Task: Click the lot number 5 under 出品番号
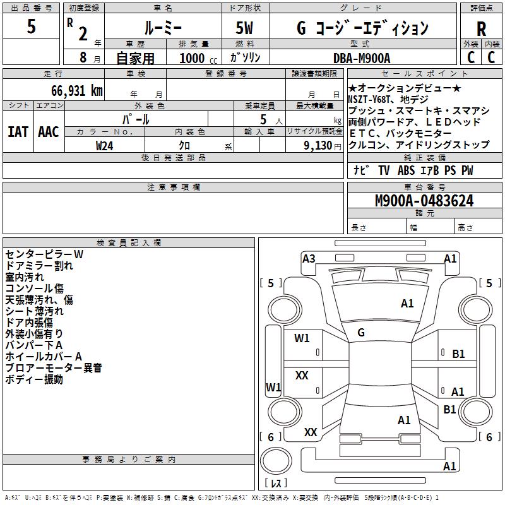coord(32,27)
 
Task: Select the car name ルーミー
coord(163,28)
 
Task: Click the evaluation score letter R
coord(481,29)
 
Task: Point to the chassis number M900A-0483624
coord(424,201)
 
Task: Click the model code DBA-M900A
coord(362,58)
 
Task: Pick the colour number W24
coord(105,145)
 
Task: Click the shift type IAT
coord(18,132)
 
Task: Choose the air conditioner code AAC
coord(49,132)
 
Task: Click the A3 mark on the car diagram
coord(309,258)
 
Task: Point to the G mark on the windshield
coord(361,333)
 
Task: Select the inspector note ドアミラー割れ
coord(39,266)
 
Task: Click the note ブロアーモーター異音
coord(54,368)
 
